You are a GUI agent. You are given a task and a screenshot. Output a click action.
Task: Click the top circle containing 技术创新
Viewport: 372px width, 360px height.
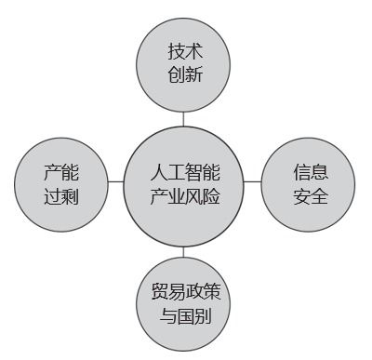tap(184, 63)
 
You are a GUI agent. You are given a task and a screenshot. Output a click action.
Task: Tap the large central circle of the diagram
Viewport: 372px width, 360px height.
tap(184, 185)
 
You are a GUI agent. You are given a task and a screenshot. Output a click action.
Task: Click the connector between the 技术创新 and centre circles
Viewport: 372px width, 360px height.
tap(184, 115)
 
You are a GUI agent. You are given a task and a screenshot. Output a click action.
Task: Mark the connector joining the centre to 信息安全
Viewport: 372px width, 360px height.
tap(253, 182)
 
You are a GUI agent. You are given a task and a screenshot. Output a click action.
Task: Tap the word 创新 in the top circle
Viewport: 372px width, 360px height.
tap(184, 74)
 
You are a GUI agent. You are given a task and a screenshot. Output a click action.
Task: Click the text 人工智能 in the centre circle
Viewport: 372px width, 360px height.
tap(184, 173)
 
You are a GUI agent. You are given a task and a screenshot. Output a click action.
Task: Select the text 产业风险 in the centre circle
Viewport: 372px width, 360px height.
tap(184, 197)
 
